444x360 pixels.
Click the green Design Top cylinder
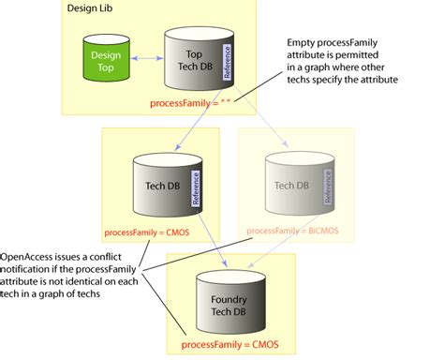pos(105,63)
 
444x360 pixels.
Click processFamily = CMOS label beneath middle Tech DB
pos(153,230)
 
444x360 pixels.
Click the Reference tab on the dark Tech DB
pos(195,187)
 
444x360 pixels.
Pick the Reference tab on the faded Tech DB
pos(328,187)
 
